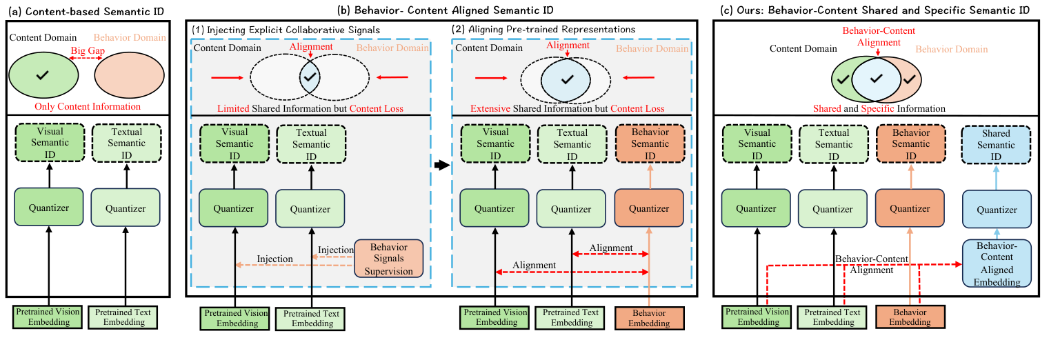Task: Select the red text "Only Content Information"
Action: (88, 106)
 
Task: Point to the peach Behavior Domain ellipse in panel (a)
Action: (129, 77)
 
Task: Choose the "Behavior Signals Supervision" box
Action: (388, 259)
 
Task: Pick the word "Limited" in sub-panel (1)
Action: (233, 108)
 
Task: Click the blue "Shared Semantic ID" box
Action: (997, 143)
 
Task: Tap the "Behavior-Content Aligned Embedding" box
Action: (997, 263)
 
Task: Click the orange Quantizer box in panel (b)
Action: (648, 208)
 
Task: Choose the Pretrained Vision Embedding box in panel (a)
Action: (48, 317)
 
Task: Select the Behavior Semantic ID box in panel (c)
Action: (910, 143)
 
